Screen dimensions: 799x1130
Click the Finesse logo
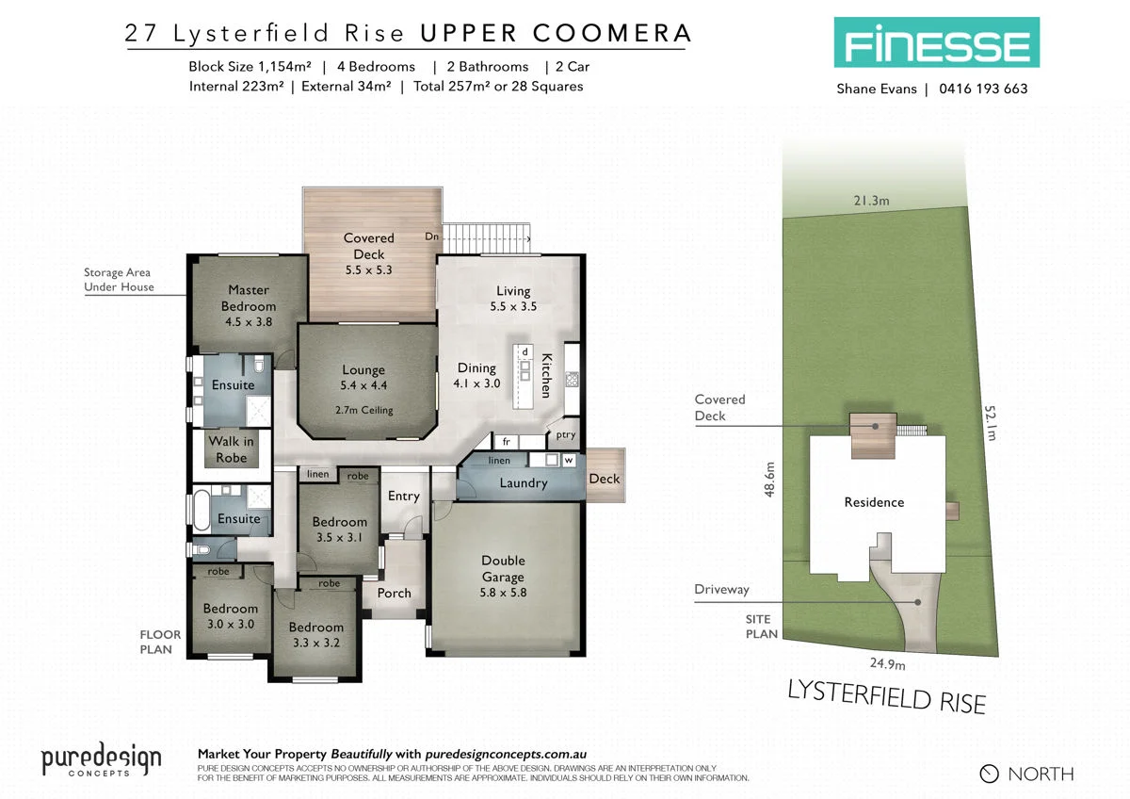coord(935,42)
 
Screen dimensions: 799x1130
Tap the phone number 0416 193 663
coord(983,90)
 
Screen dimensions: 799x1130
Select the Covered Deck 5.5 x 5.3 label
coord(368,253)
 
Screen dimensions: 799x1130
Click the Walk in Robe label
coord(231,449)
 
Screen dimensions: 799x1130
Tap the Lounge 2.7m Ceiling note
coord(363,410)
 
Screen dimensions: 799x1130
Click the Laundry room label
coord(524,483)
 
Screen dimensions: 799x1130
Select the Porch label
coord(394,593)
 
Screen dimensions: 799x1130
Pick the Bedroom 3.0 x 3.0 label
coord(231,616)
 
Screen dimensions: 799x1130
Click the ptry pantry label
coord(565,435)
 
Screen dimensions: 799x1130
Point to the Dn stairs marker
coord(432,236)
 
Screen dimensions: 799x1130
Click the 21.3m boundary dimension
coord(872,200)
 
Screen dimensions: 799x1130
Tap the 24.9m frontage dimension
coord(880,664)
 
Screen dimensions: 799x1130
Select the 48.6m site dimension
coord(769,480)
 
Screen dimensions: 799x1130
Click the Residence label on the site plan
coord(874,502)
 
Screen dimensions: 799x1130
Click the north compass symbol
coord(989,774)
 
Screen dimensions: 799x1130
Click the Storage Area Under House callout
coord(119,280)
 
